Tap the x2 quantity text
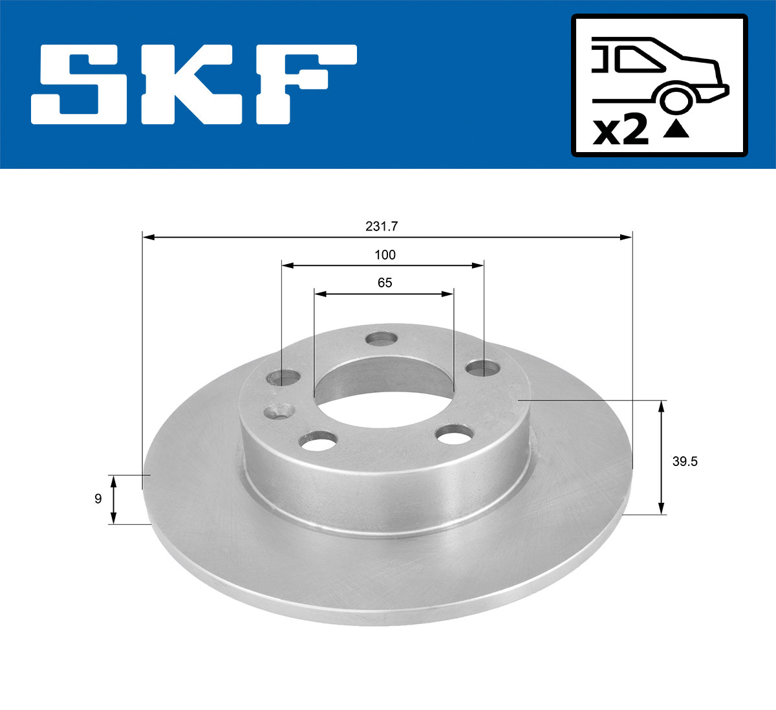point(621,131)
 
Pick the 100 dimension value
point(385,255)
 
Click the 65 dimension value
point(385,283)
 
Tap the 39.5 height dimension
point(685,461)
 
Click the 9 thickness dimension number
point(98,499)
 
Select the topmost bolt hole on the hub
point(381,338)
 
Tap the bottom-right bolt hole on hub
point(455,434)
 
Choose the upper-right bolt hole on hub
point(484,368)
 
